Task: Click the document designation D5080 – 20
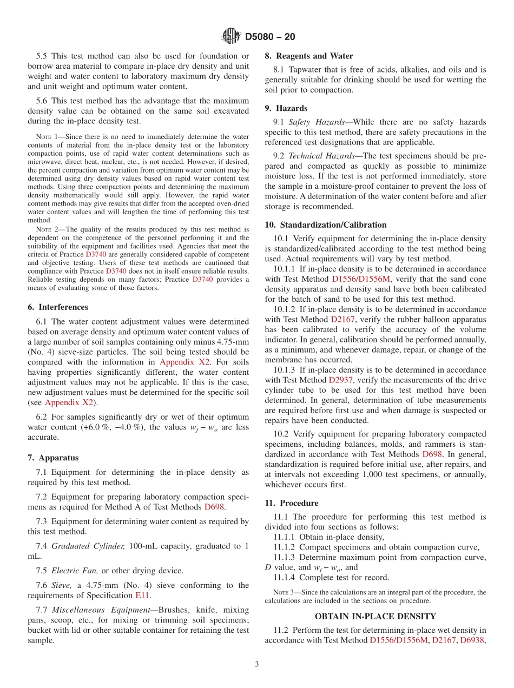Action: (270, 37)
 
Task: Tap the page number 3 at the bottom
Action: (257, 665)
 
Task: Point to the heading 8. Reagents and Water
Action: (308, 56)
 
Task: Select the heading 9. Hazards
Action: (286, 108)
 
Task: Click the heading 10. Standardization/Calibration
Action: (326, 225)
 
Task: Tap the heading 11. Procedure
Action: (291, 503)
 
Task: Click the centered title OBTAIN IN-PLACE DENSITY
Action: (375, 616)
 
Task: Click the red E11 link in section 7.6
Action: (142, 596)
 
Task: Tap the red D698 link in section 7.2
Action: (214, 507)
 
